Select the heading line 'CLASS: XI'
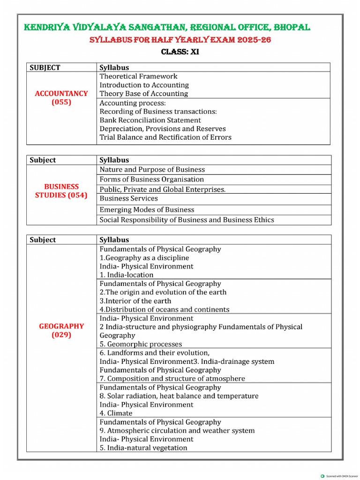[180, 52]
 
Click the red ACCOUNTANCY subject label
[61, 93]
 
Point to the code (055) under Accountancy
[61, 102]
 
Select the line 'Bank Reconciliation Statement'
[150, 120]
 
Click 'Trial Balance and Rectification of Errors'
[165, 137]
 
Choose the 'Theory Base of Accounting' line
[143, 93]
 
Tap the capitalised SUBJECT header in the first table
[45, 67]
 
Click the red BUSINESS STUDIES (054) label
[61, 191]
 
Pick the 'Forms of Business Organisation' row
[152, 179]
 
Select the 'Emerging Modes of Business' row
[147, 210]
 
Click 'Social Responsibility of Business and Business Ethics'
[187, 220]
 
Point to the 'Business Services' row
[129, 198]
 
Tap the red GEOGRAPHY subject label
[61, 326]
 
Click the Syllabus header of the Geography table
[114, 240]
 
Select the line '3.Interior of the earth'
[135, 301]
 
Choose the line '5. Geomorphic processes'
[141, 344]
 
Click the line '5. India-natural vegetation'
[143, 448]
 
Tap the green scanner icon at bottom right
[322, 476]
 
